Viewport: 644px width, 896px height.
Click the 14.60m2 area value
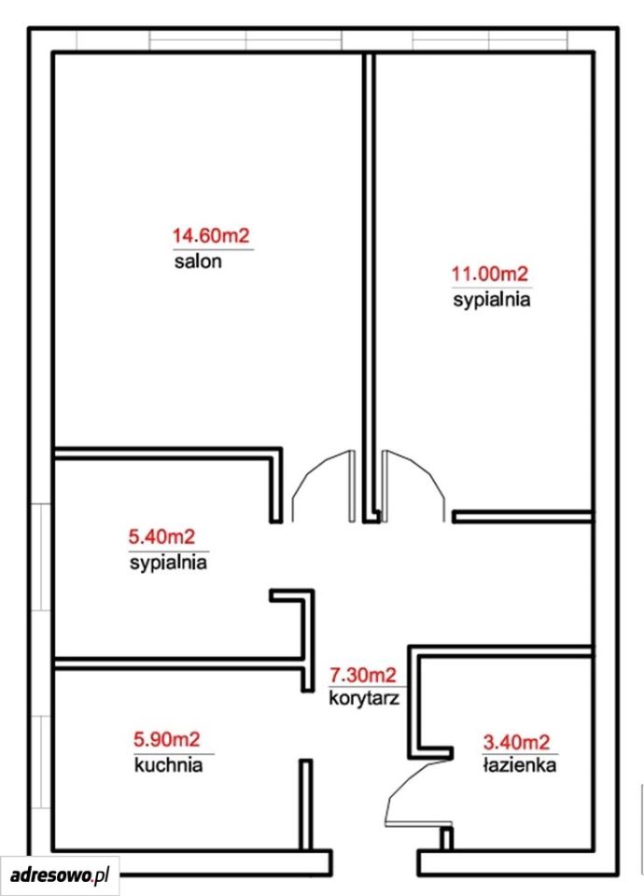tap(212, 235)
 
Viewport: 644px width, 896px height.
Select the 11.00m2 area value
tap(490, 274)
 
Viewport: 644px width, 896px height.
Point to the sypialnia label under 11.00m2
tap(492, 301)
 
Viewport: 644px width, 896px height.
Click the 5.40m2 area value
tap(161, 537)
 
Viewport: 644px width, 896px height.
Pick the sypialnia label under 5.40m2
tap(168, 563)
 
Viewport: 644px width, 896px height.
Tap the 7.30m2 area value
tap(362, 676)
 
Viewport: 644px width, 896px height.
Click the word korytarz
tap(364, 698)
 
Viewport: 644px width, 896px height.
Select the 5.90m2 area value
tap(167, 739)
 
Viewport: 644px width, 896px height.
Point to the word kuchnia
tap(169, 764)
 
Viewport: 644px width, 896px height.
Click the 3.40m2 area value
tap(516, 742)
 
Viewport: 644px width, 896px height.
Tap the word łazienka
tap(520, 764)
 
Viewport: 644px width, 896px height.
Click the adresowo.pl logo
tap(60, 875)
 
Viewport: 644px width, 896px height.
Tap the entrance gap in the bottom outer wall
tap(374, 862)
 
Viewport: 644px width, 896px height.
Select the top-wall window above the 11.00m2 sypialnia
tap(490, 40)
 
